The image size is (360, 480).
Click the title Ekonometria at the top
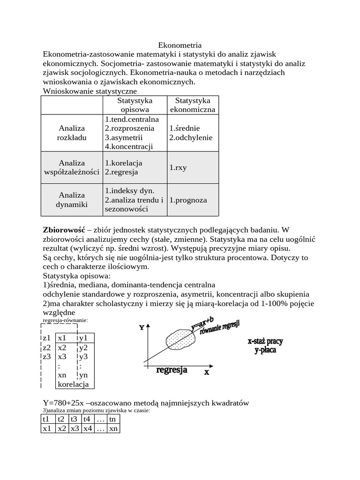click(180, 45)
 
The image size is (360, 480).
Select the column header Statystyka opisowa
click(135, 105)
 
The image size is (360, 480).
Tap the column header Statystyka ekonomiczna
click(193, 105)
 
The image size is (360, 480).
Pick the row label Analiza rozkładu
click(72, 133)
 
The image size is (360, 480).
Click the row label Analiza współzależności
click(72, 167)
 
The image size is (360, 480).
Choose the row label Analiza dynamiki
click(72, 200)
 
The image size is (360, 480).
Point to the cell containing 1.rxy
click(178, 167)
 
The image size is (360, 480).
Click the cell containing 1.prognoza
click(188, 200)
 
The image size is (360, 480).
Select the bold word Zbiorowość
click(63, 230)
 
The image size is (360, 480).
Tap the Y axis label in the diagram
click(141, 328)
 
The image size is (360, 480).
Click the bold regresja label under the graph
click(172, 370)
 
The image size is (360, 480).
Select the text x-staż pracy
click(265, 341)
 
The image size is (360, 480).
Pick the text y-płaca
click(265, 350)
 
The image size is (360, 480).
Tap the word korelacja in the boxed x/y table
click(73, 384)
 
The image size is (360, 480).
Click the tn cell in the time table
click(112, 419)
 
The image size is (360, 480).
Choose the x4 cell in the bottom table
click(87, 428)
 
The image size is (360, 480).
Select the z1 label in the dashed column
click(46, 338)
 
